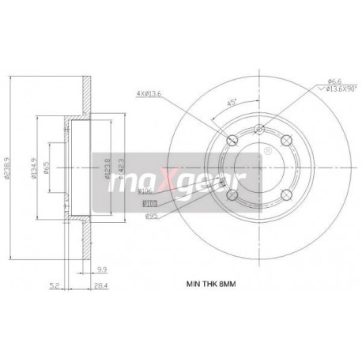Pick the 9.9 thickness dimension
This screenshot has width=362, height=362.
104,269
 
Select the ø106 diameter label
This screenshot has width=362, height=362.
145,190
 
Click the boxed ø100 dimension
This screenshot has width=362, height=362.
149,202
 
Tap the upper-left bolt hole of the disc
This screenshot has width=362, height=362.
232,141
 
